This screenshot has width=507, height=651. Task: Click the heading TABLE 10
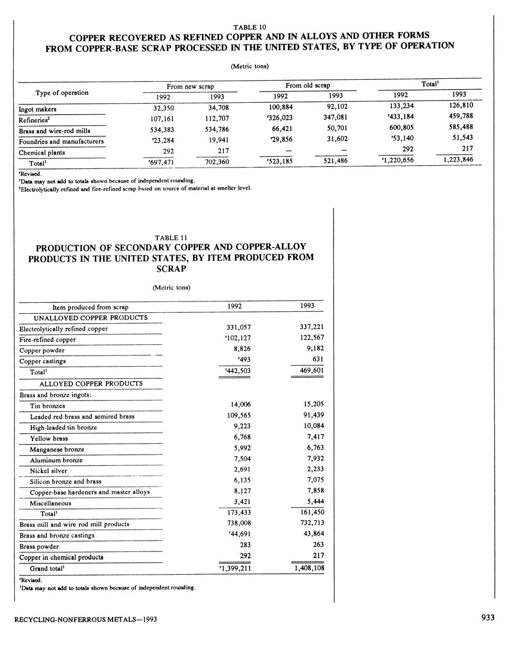(253, 27)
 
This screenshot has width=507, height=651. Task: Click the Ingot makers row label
(38, 109)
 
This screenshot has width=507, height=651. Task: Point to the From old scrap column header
(307, 85)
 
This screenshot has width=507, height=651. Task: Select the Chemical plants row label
(42, 152)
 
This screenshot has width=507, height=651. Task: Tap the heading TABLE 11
(171, 238)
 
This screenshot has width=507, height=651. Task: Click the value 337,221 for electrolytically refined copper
(311, 327)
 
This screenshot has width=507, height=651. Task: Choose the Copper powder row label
(42, 351)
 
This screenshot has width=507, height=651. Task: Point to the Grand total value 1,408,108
(309, 568)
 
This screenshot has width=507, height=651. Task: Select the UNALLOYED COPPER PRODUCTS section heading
(90, 317)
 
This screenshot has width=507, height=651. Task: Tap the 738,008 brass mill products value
(239, 523)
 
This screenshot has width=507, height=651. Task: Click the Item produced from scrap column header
(90, 307)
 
